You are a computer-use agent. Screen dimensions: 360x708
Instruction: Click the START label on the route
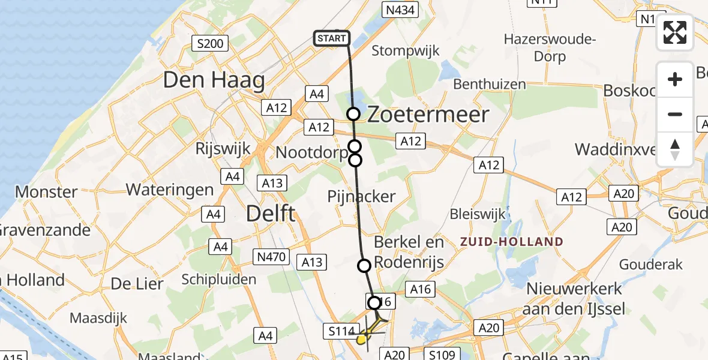click(331, 39)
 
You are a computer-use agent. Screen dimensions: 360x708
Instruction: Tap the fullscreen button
click(675, 32)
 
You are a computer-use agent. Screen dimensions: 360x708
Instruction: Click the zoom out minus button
click(675, 114)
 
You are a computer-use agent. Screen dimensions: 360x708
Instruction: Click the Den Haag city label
click(214, 80)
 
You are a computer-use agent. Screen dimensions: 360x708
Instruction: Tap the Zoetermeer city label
click(428, 115)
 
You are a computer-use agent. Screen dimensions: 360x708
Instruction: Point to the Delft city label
click(272, 213)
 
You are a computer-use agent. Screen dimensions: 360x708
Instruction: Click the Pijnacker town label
click(361, 196)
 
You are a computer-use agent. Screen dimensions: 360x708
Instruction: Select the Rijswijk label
click(223, 149)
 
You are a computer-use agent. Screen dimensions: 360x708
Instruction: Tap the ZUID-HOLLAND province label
click(512, 242)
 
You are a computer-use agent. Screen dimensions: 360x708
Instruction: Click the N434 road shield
click(400, 10)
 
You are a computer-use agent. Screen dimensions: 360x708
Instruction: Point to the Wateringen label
click(169, 190)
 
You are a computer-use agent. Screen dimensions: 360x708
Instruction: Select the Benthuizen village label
click(490, 84)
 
